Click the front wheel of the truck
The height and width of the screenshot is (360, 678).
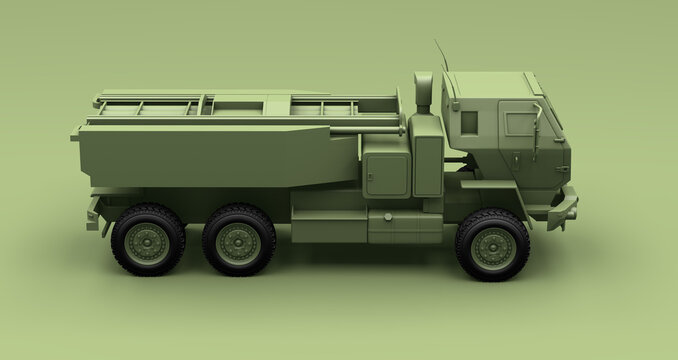pos(493,245)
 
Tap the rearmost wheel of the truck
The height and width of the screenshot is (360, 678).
pos(148,240)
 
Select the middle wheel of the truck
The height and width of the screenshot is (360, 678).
pos(238,240)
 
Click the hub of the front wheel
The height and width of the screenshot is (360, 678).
pos(493,246)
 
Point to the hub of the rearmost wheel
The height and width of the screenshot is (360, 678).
pos(148,241)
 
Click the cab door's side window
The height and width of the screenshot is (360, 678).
pos(520,124)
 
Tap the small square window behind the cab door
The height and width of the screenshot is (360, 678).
pos(468,122)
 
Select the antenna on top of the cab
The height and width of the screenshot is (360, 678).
pos(441,55)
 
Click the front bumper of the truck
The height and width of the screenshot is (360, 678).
pos(565,207)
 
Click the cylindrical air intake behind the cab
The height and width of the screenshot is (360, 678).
pos(423,93)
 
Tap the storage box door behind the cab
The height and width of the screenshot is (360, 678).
pos(386,174)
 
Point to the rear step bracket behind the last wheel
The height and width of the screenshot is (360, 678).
pos(94,215)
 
